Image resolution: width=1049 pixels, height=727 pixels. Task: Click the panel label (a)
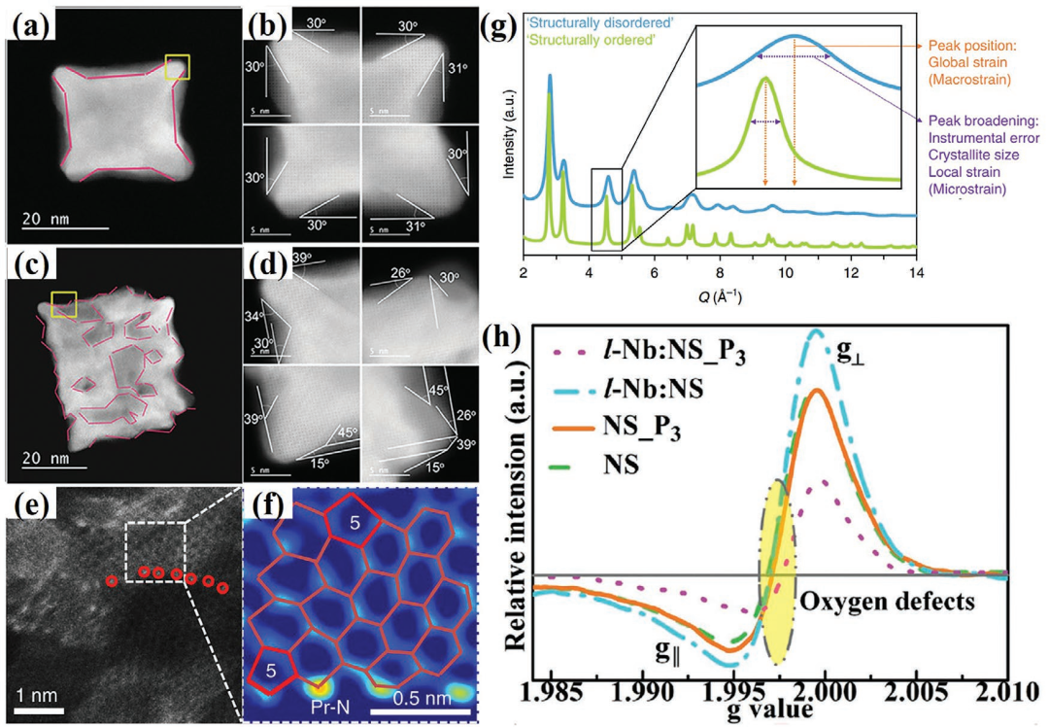tap(32, 22)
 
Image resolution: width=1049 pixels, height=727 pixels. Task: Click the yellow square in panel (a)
tap(177, 66)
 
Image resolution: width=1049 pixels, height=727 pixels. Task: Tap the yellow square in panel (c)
tap(64, 303)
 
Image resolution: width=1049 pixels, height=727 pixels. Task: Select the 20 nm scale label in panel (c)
tap(46, 458)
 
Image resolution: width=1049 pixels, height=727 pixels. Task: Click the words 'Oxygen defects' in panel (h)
tap(886, 602)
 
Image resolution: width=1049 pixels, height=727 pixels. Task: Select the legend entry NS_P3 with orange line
tap(629, 426)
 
